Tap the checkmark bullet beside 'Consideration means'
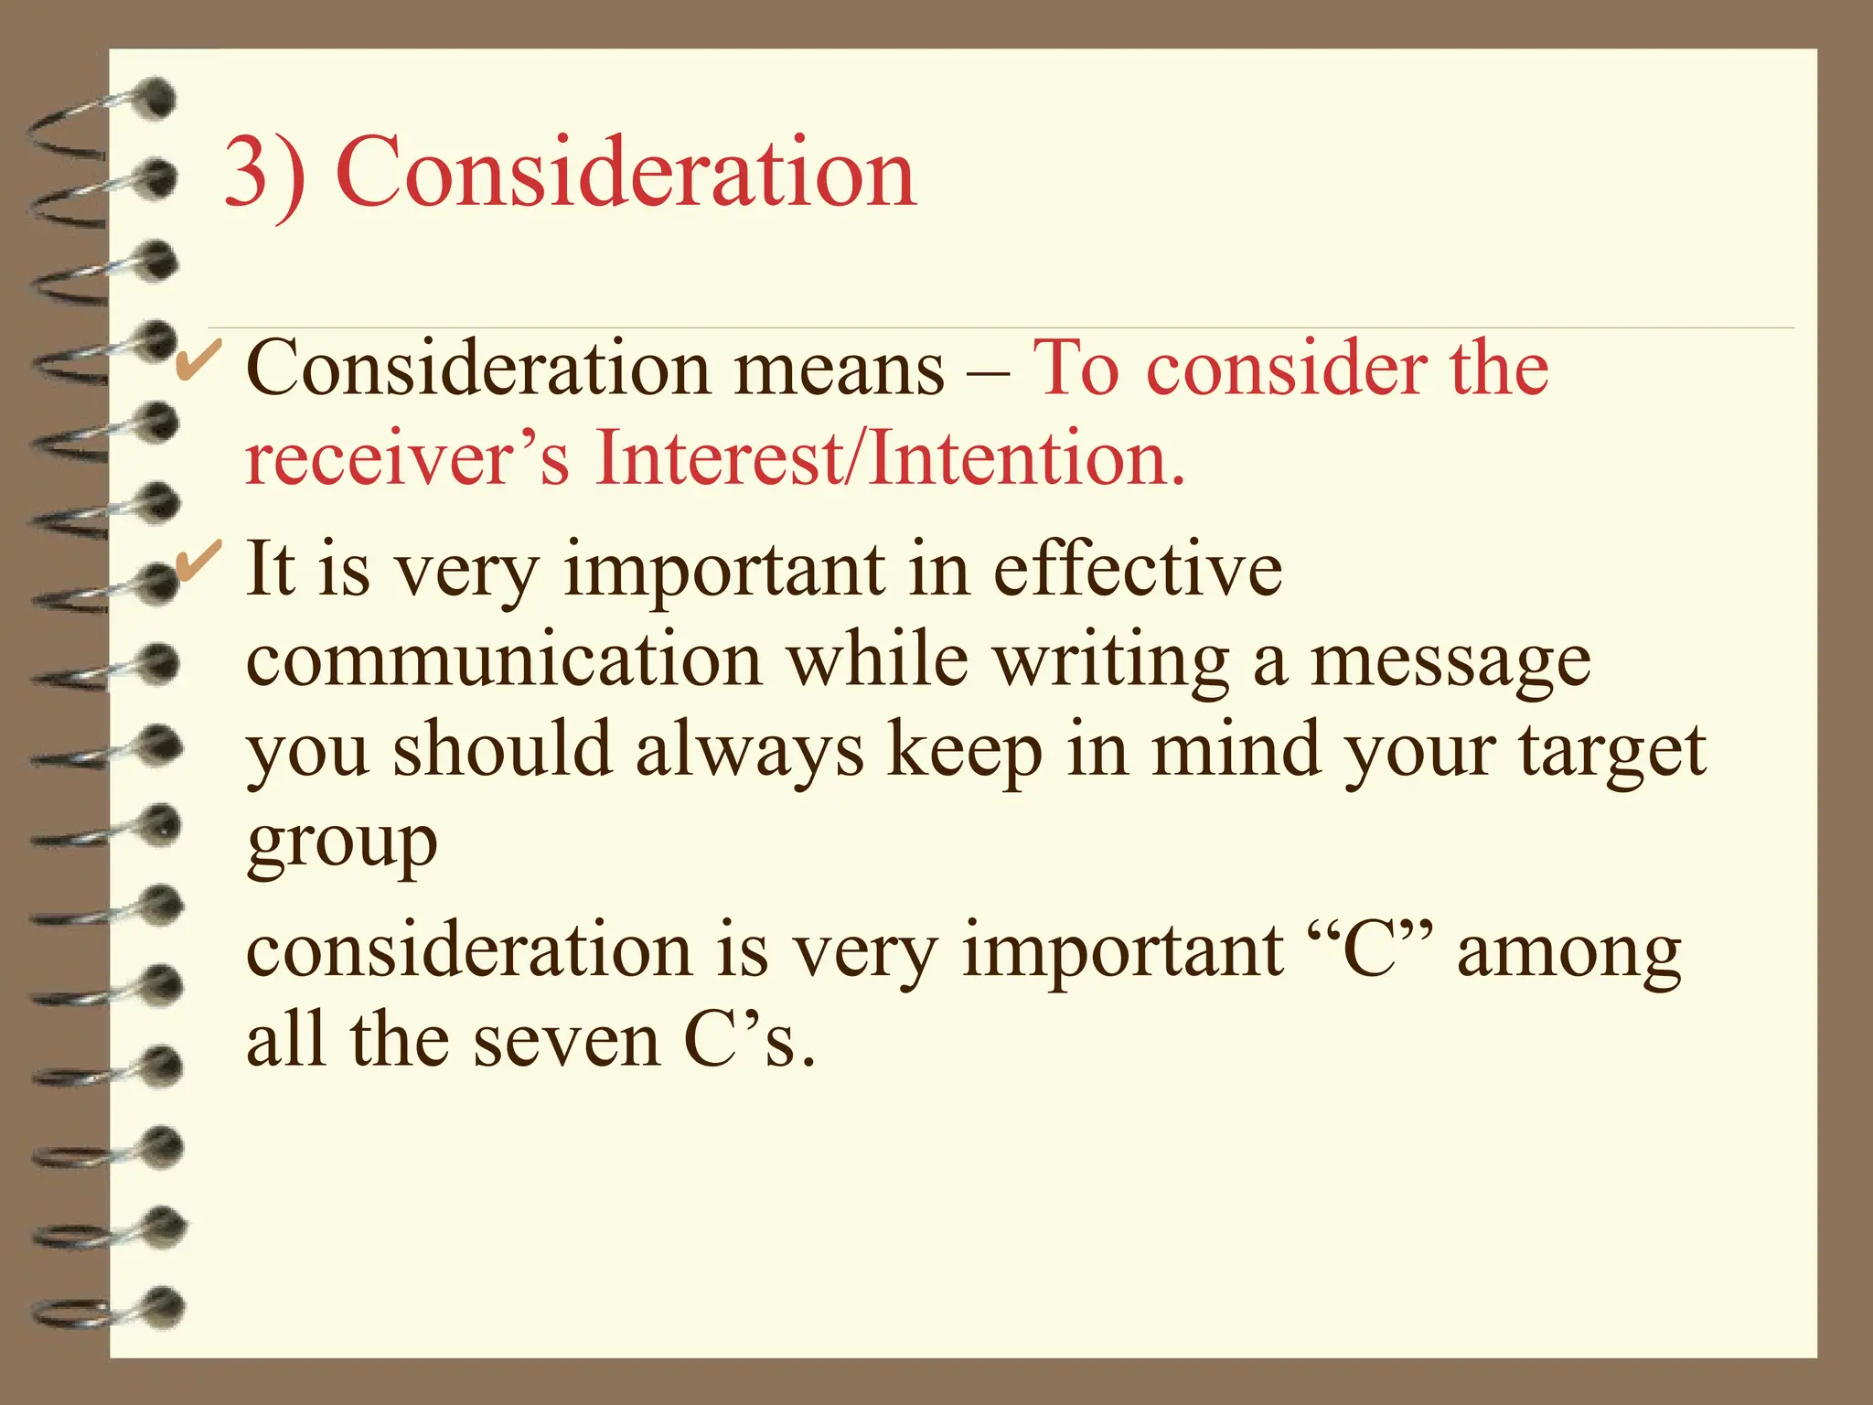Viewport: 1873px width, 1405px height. coord(196,359)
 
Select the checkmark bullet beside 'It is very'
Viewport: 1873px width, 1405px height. coord(196,559)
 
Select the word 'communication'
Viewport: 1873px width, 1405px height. coord(504,660)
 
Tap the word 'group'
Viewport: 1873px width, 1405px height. coord(342,843)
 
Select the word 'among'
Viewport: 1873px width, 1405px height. coord(1568,954)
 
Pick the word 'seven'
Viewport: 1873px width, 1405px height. coord(567,1042)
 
